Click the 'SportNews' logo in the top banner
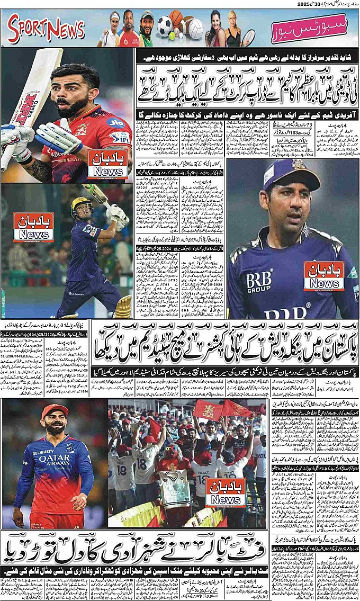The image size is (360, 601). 47,28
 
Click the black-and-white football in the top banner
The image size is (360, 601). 165,24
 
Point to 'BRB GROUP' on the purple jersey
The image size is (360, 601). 259,281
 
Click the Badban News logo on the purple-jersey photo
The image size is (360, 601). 323,276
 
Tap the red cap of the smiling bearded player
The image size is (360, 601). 55,410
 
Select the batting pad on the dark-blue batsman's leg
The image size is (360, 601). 123,306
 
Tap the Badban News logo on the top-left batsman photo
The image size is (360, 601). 107,164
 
